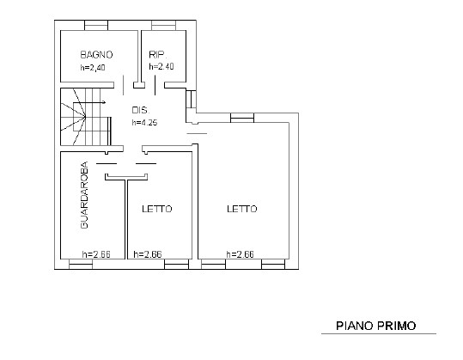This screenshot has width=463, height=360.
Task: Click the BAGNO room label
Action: tap(96, 55)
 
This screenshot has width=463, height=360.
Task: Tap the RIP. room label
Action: tap(158, 54)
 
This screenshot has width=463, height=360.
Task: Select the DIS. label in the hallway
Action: tap(141, 110)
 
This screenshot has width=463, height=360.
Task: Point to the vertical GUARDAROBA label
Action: tap(84, 195)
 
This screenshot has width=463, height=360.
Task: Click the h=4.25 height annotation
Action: tap(144, 122)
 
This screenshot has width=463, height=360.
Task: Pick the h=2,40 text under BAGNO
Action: tap(93, 68)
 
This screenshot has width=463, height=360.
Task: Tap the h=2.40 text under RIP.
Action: tap(161, 66)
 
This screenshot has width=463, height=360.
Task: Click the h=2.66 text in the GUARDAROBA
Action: tap(96, 254)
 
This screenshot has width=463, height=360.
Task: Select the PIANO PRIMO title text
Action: tap(376, 326)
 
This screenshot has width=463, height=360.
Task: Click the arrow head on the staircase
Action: tap(104, 102)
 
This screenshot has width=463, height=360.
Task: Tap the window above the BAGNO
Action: tap(96, 25)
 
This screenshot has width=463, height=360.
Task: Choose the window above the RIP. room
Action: tap(163, 25)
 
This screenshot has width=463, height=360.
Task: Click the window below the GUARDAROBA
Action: tap(81, 264)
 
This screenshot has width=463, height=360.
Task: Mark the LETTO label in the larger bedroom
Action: tap(242, 209)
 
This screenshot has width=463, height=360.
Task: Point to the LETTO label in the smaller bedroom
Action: tap(157, 209)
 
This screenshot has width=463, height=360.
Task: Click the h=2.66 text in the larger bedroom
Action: tap(240, 254)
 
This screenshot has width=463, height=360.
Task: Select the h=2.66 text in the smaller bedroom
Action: tap(148, 254)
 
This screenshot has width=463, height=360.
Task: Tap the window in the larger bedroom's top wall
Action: tap(242, 118)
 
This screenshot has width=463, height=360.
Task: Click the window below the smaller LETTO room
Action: tap(176, 264)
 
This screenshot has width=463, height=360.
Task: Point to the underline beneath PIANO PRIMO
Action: tap(379, 333)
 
